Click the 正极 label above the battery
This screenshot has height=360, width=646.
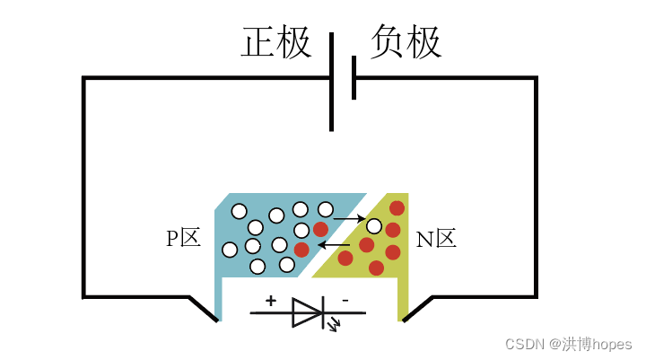click(x=276, y=43)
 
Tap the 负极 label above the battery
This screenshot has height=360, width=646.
click(x=406, y=42)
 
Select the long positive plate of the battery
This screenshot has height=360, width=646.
click(x=332, y=81)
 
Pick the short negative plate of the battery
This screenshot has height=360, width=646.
click(x=354, y=78)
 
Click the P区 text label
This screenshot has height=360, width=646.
click(x=182, y=239)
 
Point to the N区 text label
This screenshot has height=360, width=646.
click(x=437, y=239)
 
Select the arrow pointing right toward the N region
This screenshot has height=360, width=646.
click(x=348, y=217)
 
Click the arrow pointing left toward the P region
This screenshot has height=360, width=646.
click(x=336, y=243)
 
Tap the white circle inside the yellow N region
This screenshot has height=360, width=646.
click(x=374, y=226)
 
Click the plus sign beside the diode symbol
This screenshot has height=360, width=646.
click(x=271, y=302)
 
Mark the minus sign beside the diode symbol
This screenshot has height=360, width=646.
click(x=345, y=302)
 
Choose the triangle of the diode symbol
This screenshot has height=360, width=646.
click(x=306, y=313)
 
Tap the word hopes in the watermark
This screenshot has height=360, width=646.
click(x=612, y=345)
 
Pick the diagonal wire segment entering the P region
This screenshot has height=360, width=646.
click(x=204, y=308)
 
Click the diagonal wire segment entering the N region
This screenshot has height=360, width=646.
click(x=417, y=308)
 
